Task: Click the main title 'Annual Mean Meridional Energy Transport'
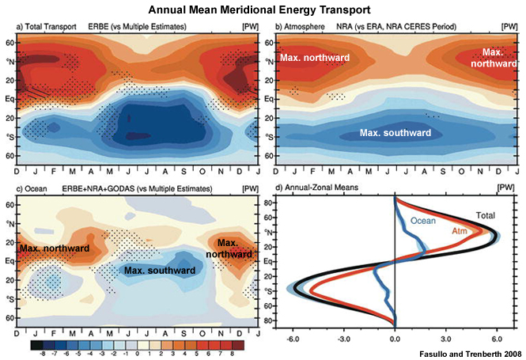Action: pos(263,10)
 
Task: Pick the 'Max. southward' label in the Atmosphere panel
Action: pos(395,133)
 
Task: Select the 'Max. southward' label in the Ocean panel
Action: pos(159,271)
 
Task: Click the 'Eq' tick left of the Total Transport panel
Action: pos(9,98)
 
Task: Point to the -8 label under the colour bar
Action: pos(36,354)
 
